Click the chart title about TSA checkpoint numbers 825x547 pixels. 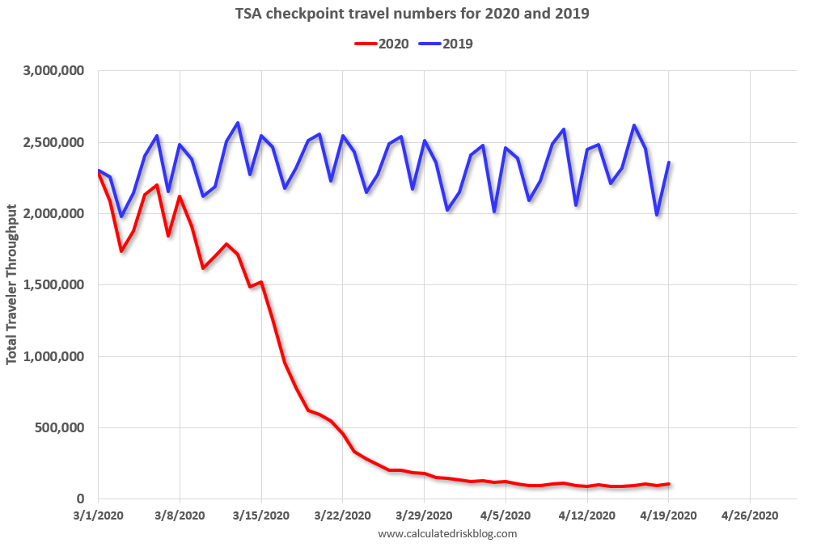coord(413,14)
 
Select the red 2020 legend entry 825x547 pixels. coord(383,44)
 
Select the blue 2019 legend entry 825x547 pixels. coord(446,44)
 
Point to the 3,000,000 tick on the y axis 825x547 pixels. coord(56,71)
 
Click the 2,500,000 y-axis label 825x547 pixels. coord(56,143)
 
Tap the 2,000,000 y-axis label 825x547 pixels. coord(56,214)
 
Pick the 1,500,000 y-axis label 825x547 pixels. coord(56,285)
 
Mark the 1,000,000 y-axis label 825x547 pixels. coord(56,357)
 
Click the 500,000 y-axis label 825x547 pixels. coord(62,428)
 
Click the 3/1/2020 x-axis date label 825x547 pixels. coord(98,515)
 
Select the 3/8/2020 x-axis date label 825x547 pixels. coord(180,515)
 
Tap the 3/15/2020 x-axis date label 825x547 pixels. coord(261,515)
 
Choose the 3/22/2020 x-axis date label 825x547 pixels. coord(342,515)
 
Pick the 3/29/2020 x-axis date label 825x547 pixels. coord(424,515)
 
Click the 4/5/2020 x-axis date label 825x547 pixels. coord(506,515)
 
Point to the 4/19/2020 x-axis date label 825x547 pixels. coord(668,515)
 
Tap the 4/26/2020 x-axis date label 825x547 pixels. coord(750,515)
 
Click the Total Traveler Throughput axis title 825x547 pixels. coord(12,285)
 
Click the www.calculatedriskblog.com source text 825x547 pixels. coord(447,533)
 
